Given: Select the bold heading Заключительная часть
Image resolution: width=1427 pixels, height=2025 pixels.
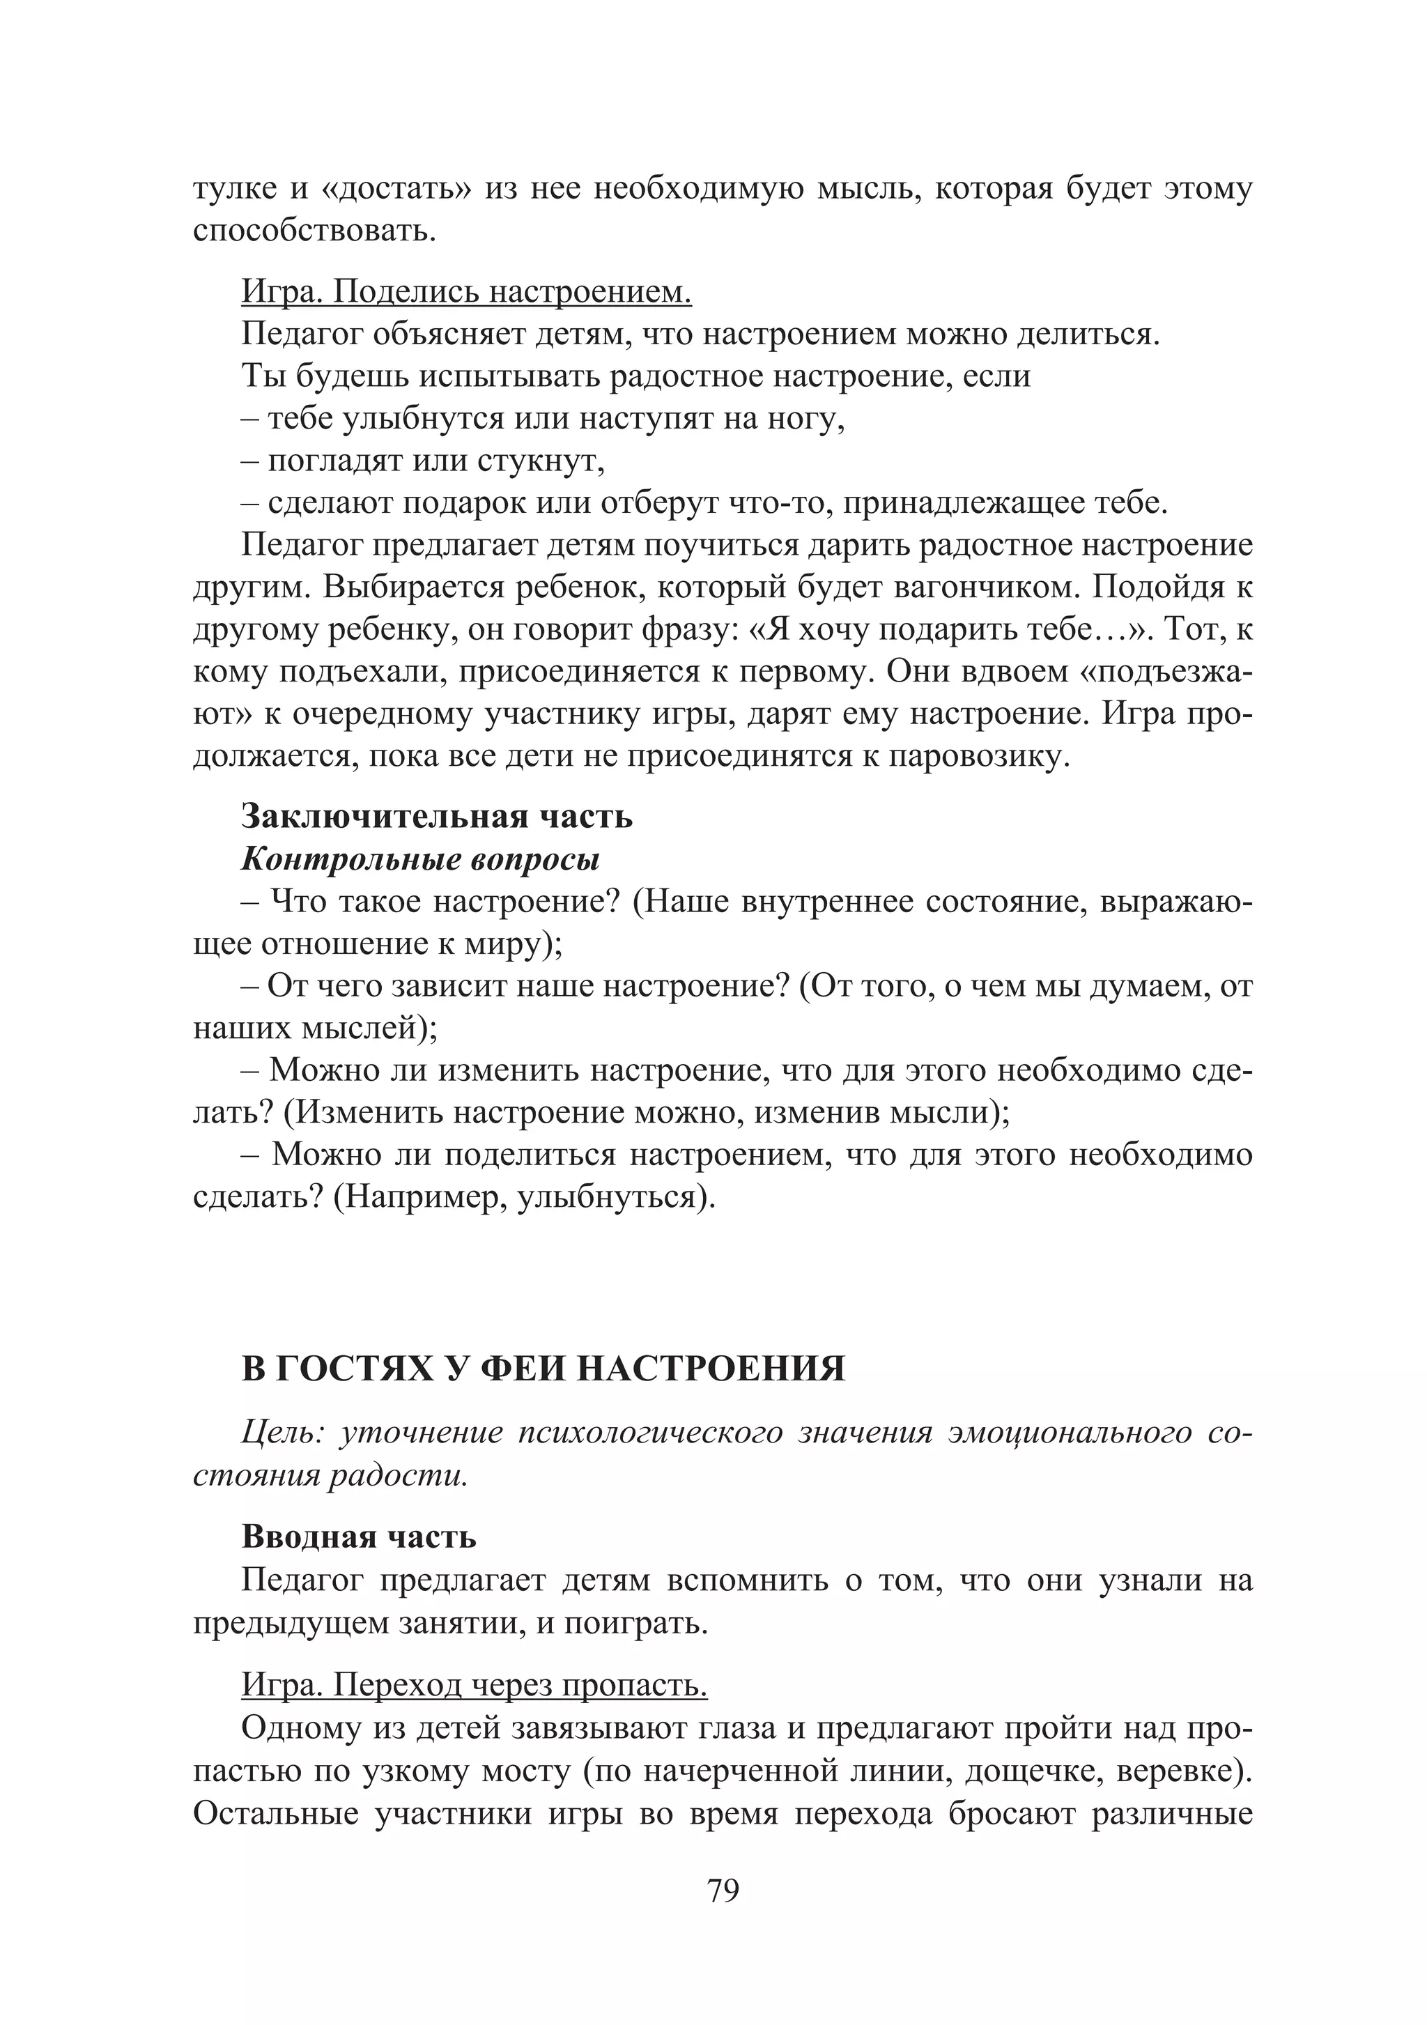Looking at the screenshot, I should [x=437, y=816].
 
